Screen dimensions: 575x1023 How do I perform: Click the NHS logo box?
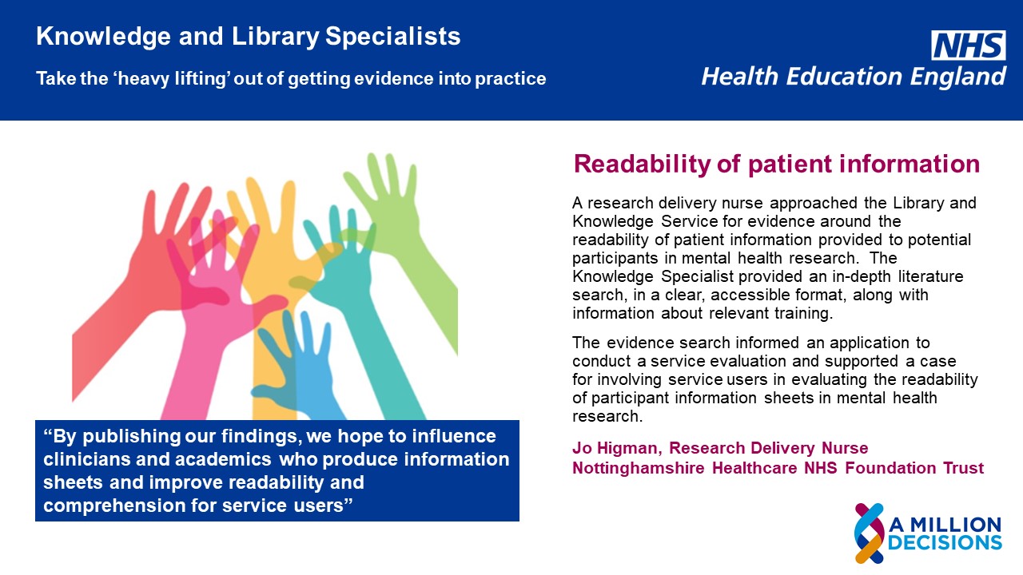pos(969,45)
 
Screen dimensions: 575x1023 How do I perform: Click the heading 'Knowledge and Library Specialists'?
pos(249,37)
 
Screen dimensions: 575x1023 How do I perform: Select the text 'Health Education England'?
pos(854,77)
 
